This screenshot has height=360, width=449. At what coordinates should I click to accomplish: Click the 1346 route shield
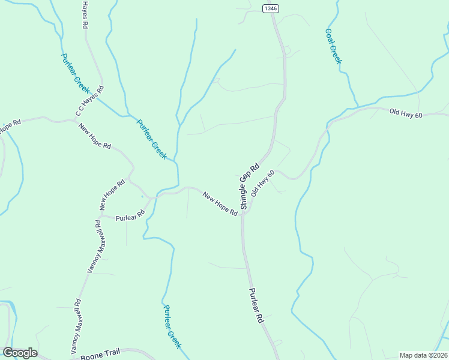[271, 8]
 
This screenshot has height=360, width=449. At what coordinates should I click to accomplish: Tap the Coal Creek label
[333, 46]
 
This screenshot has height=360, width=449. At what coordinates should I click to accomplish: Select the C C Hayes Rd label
[89, 101]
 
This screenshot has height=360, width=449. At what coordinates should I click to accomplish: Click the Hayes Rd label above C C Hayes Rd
[85, 15]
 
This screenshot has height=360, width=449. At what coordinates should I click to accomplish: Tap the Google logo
[20, 353]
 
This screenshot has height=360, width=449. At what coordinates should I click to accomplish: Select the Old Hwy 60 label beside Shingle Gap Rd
[263, 183]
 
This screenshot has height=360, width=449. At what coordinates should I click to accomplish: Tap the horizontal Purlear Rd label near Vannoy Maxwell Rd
[130, 215]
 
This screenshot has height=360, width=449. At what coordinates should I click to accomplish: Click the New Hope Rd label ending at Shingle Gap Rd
[220, 204]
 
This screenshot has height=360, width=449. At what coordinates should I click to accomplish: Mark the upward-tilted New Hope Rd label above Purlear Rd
[112, 194]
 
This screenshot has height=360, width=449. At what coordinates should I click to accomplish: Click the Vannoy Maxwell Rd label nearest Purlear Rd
[99, 246]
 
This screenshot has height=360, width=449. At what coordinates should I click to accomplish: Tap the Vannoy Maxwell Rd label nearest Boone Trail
[75, 326]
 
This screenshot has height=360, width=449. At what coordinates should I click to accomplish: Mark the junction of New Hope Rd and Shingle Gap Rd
[243, 214]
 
